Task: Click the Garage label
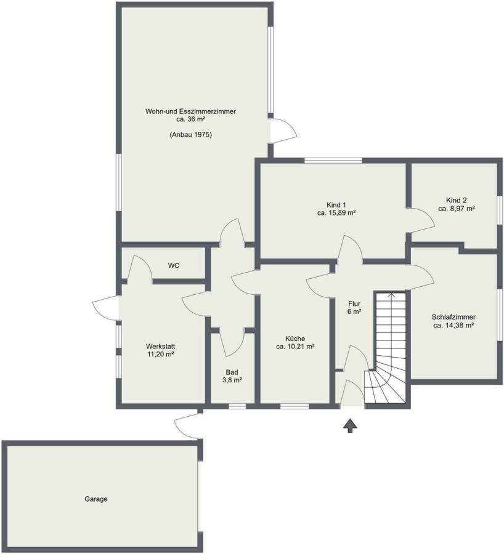point(96,499)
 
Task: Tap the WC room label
point(173,265)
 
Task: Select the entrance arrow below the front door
point(350,425)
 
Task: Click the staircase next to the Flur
point(388,347)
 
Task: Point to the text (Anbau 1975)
point(190,135)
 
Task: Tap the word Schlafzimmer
point(453,317)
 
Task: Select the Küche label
point(295,339)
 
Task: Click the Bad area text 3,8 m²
point(232,380)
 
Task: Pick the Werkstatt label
point(160,346)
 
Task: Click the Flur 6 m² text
point(354,307)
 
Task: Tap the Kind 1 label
point(336,205)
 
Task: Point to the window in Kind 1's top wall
point(333,161)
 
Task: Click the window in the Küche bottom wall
point(295,406)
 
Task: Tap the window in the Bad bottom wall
point(237,406)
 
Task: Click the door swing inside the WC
point(139,268)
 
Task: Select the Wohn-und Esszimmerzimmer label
point(190,111)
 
